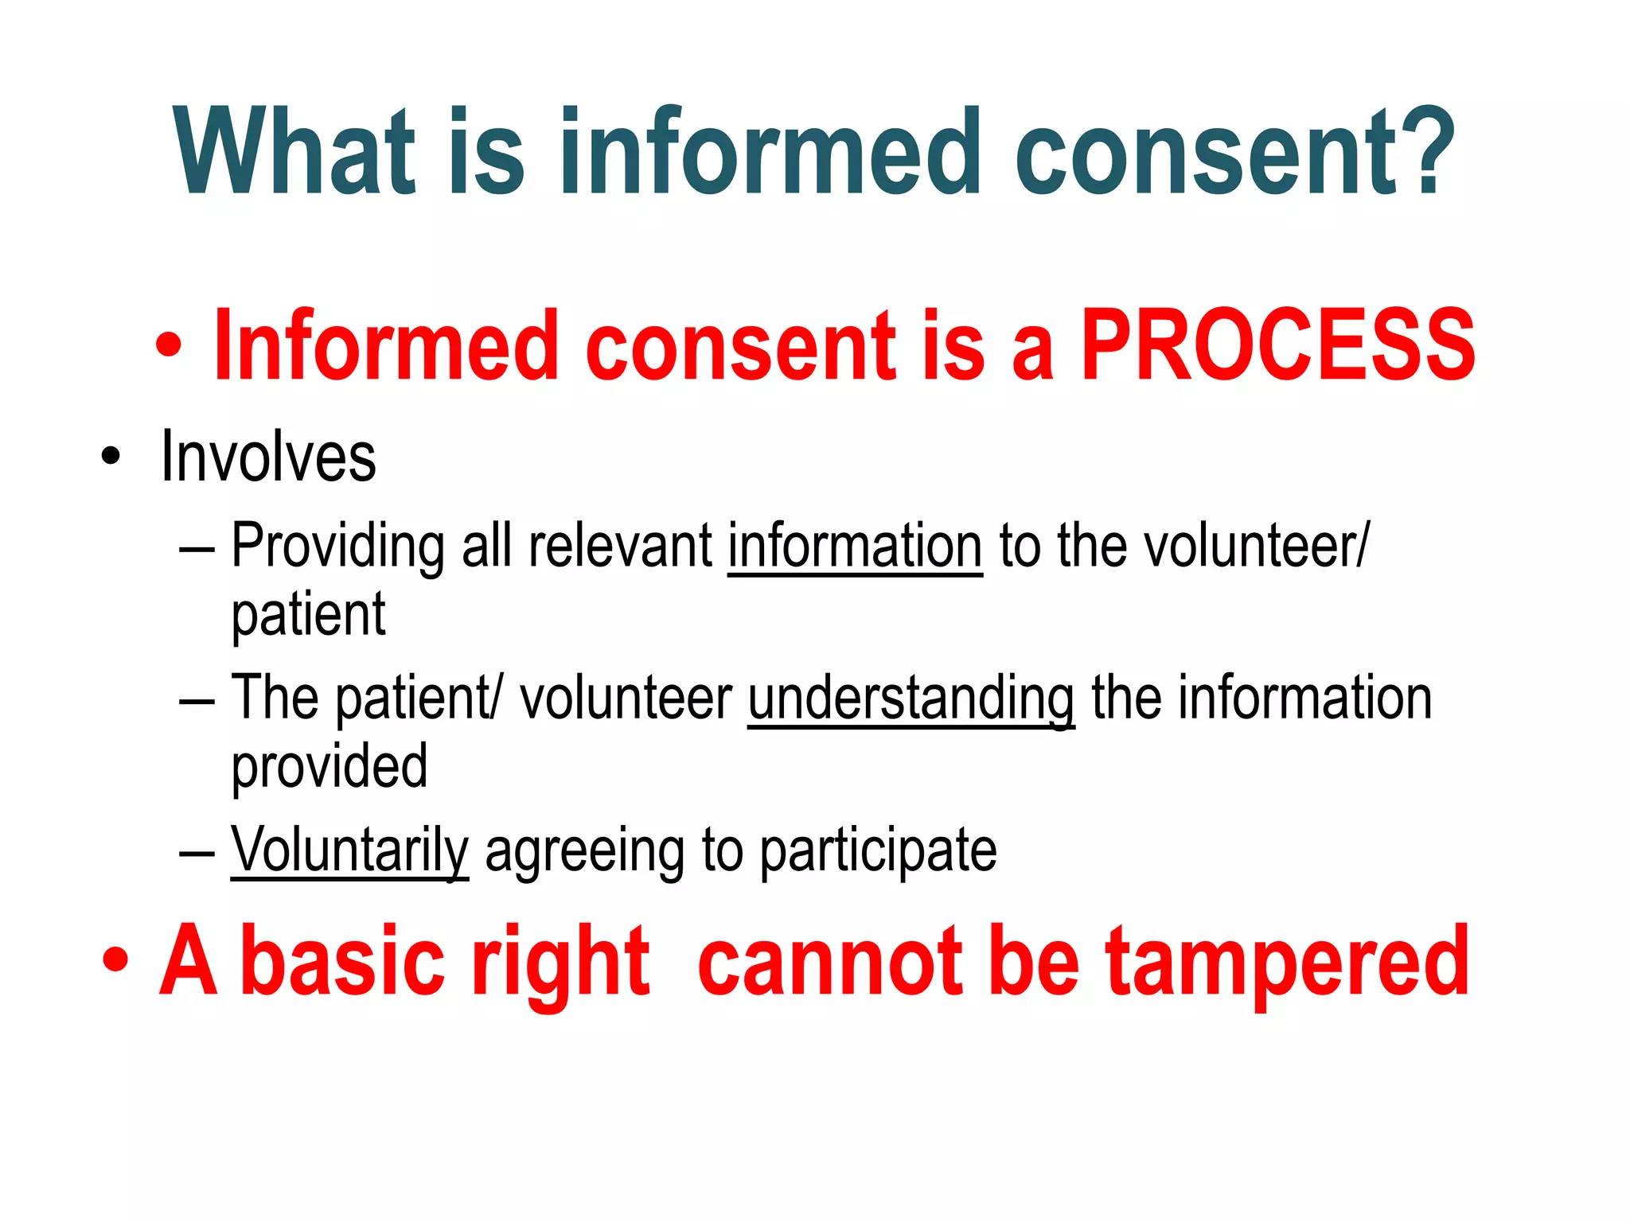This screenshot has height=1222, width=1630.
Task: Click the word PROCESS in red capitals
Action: pyautogui.click(x=1277, y=346)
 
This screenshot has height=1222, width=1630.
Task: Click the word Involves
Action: pyautogui.click(x=267, y=457)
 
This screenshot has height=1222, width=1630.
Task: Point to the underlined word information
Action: pyautogui.click(x=855, y=547)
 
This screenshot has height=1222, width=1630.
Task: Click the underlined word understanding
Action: pyautogui.click(x=911, y=699)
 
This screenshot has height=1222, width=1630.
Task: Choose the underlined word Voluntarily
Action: pyautogui.click(x=349, y=850)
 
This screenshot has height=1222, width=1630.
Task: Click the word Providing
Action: pyautogui.click(x=337, y=547)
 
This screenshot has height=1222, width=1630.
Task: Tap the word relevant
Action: pyautogui.click(x=620, y=547)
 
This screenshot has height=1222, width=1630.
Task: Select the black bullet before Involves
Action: pyautogui.click(x=111, y=458)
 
